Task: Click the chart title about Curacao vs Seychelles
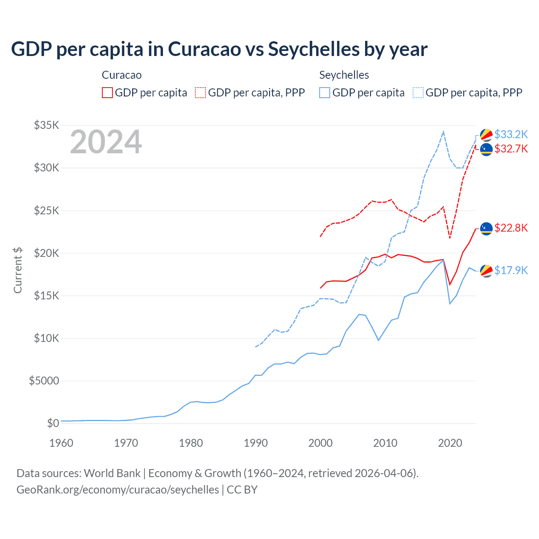coord(219,49)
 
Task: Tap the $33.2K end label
coord(511,134)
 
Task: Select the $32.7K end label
coord(511,149)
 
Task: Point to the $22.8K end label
coord(511,228)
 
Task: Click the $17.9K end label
coord(511,270)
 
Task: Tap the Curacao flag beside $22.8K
coord(486,229)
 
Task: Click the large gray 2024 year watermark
coord(106,142)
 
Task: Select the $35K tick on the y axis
coord(47,125)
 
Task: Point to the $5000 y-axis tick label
coord(44,381)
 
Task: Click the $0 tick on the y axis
coord(53,423)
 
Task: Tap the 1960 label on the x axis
coord(61,443)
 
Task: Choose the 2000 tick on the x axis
coord(320,443)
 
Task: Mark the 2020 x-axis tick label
coord(450,443)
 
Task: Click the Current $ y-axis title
coord(18,270)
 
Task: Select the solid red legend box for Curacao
coord(107,93)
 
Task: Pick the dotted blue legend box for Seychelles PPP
coord(418,93)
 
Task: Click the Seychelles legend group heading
coord(344,75)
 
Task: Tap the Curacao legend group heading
coord(122,75)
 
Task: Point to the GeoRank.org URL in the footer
coord(117,490)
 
